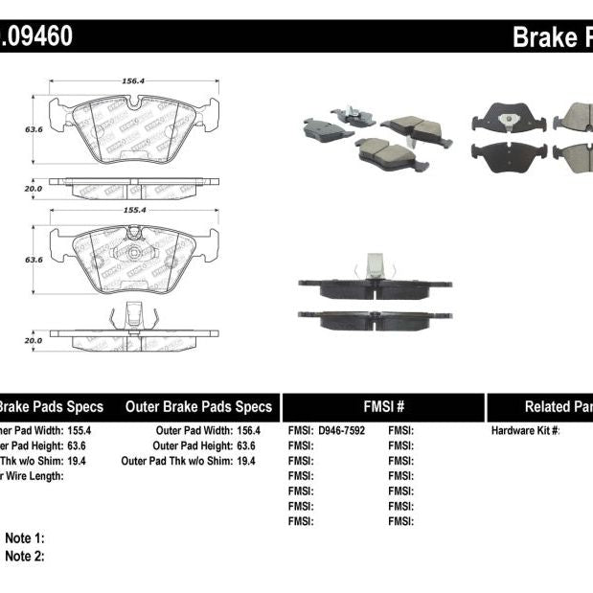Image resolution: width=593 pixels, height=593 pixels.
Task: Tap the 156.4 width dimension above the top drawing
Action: pyautogui.click(x=133, y=82)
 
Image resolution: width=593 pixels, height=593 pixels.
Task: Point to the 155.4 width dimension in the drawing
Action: pyautogui.click(x=133, y=209)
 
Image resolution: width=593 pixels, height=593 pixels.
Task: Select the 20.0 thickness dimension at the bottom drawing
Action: pyautogui.click(x=33, y=339)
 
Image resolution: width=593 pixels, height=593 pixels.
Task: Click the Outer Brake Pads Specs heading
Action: pyautogui.click(x=198, y=406)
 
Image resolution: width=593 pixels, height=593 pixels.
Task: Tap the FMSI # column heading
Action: pyautogui.click(x=383, y=406)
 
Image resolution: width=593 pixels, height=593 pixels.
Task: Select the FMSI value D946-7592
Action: pyautogui.click(x=340, y=431)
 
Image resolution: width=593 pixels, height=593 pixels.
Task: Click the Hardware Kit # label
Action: pyautogui.click(x=525, y=431)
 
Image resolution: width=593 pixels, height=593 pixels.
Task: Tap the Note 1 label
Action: pyautogui.click(x=25, y=538)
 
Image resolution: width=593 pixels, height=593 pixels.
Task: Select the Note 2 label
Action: pyautogui.click(x=25, y=556)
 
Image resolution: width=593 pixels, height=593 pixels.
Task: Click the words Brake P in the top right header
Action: pyautogui.click(x=552, y=37)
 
